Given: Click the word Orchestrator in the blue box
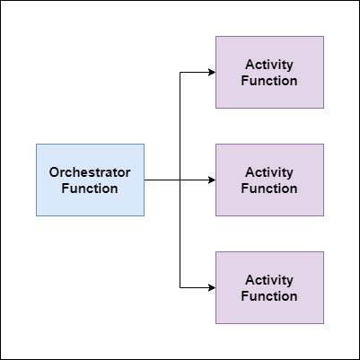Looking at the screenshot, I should point(90,171).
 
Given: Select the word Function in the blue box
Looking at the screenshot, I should point(90,189).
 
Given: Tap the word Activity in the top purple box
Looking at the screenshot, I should point(269,65).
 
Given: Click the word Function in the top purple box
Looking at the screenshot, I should point(269,81).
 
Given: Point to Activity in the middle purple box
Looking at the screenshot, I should point(269,172).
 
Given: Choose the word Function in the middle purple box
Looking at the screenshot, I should point(269,189).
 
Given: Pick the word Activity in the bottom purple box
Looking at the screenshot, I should point(269,280).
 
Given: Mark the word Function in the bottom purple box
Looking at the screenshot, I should point(269,296).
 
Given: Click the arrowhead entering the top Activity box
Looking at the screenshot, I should point(211,72).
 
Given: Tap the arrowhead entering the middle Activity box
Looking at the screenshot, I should point(211,180).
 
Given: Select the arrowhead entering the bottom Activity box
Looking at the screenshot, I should point(211,287).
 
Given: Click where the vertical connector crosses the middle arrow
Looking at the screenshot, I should point(180,180).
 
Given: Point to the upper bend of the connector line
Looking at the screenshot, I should point(180,72).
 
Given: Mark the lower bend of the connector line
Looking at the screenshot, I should point(180,287).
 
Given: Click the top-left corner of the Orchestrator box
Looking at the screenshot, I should point(36,144).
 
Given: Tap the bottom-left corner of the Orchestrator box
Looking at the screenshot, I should point(36,215).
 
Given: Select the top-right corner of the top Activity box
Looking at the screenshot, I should point(323,36).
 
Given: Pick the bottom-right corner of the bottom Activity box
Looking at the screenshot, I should point(323,323).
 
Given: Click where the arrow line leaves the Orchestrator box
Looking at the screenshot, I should point(145,180).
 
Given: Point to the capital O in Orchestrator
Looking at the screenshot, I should point(54,171).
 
